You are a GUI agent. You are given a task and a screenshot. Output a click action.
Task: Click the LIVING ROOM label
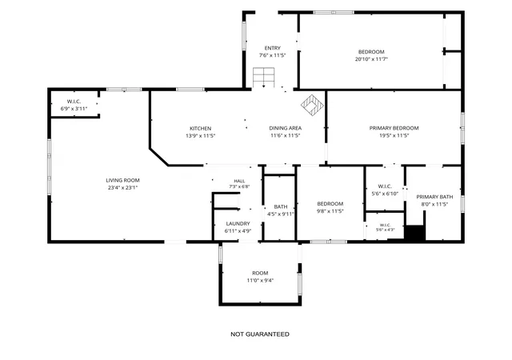point(122,180)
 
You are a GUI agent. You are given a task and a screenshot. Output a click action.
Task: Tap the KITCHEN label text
point(201,129)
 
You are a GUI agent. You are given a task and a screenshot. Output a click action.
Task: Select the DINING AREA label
point(286,128)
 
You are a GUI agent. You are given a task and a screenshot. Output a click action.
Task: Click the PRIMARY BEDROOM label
point(394,128)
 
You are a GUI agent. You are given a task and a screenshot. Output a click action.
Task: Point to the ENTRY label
point(272,48)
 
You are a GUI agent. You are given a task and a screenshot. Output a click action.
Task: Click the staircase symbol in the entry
point(263,78)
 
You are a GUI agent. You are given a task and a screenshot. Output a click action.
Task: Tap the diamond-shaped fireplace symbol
point(312,106)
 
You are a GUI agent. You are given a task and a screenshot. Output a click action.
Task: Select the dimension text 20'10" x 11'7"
point(371,59)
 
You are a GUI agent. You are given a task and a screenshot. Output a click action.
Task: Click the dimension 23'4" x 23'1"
point(122,188)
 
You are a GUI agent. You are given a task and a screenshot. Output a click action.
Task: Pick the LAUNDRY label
point(238,224)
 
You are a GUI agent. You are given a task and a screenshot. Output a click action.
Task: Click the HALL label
point(239,181)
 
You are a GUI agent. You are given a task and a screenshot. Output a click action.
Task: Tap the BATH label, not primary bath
point(281,206)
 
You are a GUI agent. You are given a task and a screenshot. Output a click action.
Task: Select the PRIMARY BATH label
point(434,197)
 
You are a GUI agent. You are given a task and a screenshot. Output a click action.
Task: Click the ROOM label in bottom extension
point(260,273)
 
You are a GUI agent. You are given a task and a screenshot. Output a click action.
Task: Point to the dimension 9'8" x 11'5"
point(330,211)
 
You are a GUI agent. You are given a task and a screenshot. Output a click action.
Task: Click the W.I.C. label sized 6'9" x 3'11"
point(74,102)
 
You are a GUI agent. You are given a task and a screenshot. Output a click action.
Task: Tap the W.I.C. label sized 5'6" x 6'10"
point(385,186)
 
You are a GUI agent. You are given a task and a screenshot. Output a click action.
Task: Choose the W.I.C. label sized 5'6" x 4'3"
point(386,225)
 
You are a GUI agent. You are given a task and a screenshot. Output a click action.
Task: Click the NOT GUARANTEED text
point(260,334)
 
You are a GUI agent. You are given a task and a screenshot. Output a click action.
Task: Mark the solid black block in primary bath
point(415,234)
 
